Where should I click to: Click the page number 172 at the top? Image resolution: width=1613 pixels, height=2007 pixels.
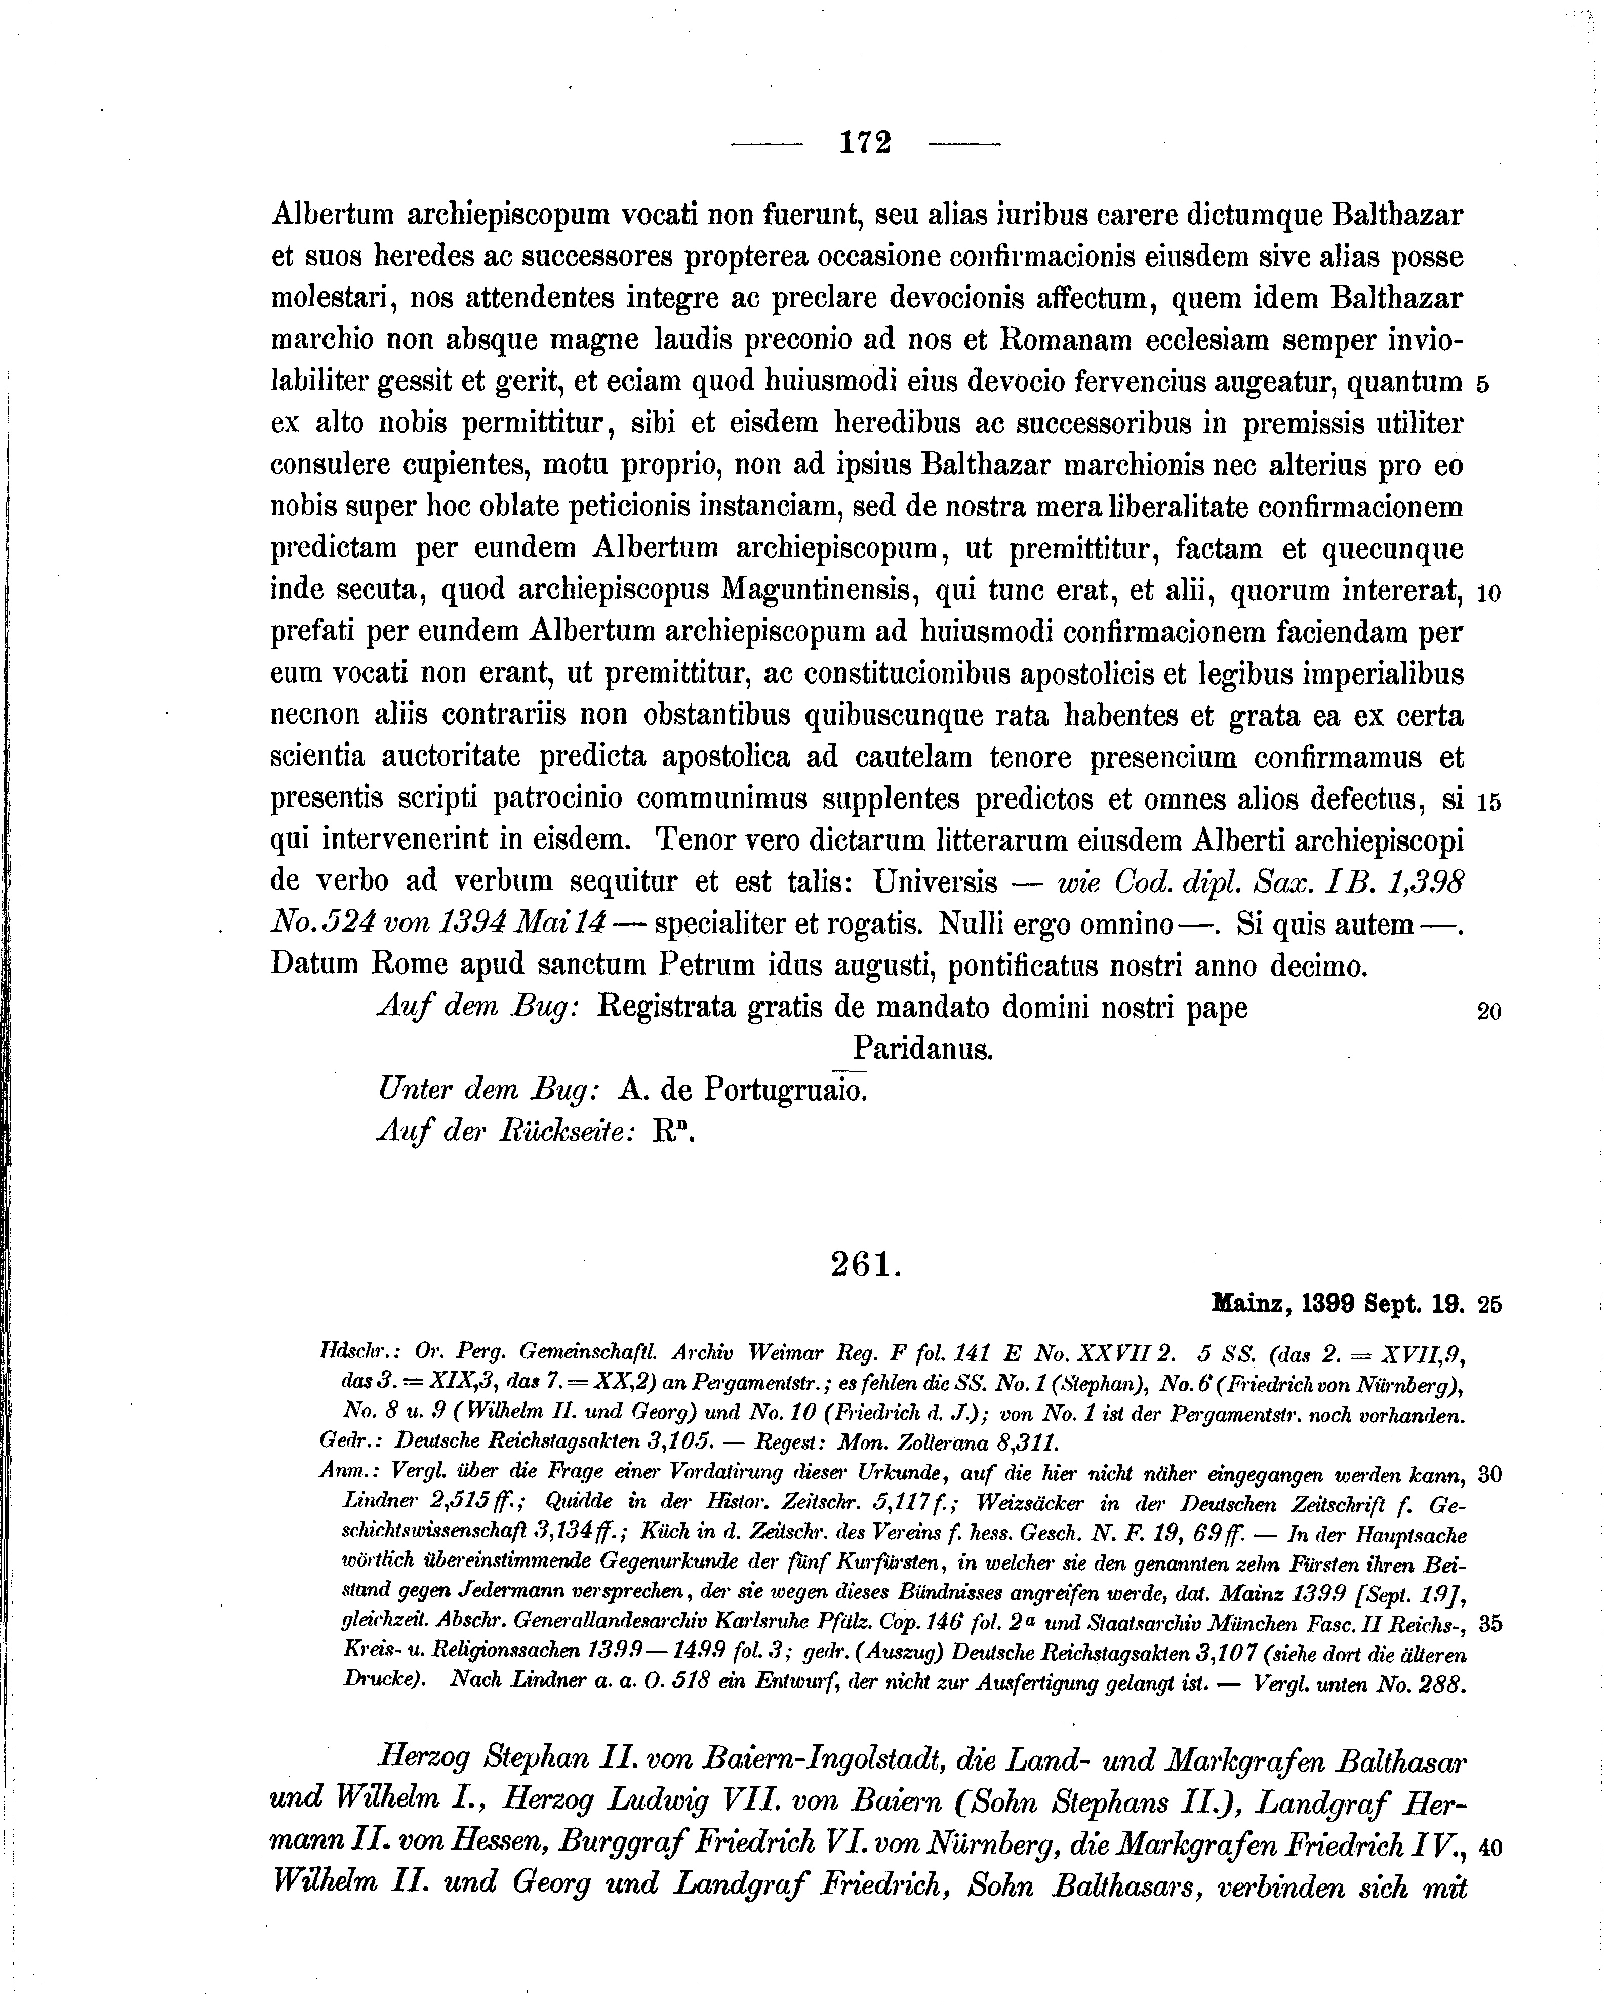point(865,142)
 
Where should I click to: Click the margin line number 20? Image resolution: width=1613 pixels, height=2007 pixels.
point(1488,1012)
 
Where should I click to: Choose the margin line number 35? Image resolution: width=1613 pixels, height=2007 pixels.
point(1489,1624)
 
